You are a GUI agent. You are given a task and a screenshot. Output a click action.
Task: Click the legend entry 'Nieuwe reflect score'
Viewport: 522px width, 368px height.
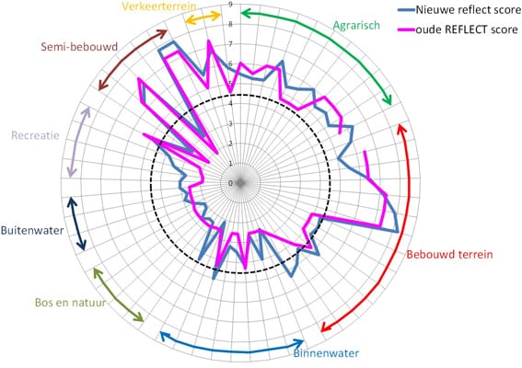tap(469, 10)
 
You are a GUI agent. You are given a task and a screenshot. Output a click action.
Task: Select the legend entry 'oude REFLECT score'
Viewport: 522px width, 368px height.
tap(467, 29)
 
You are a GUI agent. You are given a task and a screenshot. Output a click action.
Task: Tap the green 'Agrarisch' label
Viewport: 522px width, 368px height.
tap(356, 26)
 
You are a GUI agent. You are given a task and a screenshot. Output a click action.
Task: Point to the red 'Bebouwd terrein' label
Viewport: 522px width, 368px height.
tap(449, 255)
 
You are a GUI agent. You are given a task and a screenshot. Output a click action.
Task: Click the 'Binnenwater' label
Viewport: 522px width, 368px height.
tap(326, 353)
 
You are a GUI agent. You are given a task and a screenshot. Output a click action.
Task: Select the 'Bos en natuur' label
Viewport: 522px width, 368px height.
tap(71, 303)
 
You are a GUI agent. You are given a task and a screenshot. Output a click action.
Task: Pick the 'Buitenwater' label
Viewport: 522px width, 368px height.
tap(32, 230)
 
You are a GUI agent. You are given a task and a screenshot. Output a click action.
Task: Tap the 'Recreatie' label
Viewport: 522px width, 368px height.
tap(35, 135)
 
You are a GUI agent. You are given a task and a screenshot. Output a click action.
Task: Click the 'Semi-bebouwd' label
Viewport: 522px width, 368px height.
tap(79, 47)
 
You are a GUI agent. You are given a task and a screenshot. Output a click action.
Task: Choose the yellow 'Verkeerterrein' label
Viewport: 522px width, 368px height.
tap(159, 6)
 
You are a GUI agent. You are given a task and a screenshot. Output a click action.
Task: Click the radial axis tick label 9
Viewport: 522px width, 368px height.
tap(230, 5)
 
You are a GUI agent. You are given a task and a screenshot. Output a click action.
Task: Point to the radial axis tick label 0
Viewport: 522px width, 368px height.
tap(230, 183)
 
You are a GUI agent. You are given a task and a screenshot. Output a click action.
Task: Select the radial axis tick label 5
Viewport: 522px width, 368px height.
tap(230, 84)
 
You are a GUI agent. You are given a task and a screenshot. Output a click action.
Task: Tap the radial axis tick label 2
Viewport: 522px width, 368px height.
tap(230, 144)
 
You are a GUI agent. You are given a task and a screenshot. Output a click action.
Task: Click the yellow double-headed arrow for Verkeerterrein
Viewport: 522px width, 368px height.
tap(203, 18)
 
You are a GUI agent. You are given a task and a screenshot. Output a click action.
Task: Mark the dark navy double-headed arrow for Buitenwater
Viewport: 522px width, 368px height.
tap(77, 224)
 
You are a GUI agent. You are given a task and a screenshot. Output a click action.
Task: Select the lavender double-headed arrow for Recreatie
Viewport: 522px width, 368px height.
tap(78, 142)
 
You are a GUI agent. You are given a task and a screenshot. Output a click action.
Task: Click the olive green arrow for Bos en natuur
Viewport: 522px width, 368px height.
tap(118, 294)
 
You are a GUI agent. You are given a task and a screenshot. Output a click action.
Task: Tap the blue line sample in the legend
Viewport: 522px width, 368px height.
tap(407, 10)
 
